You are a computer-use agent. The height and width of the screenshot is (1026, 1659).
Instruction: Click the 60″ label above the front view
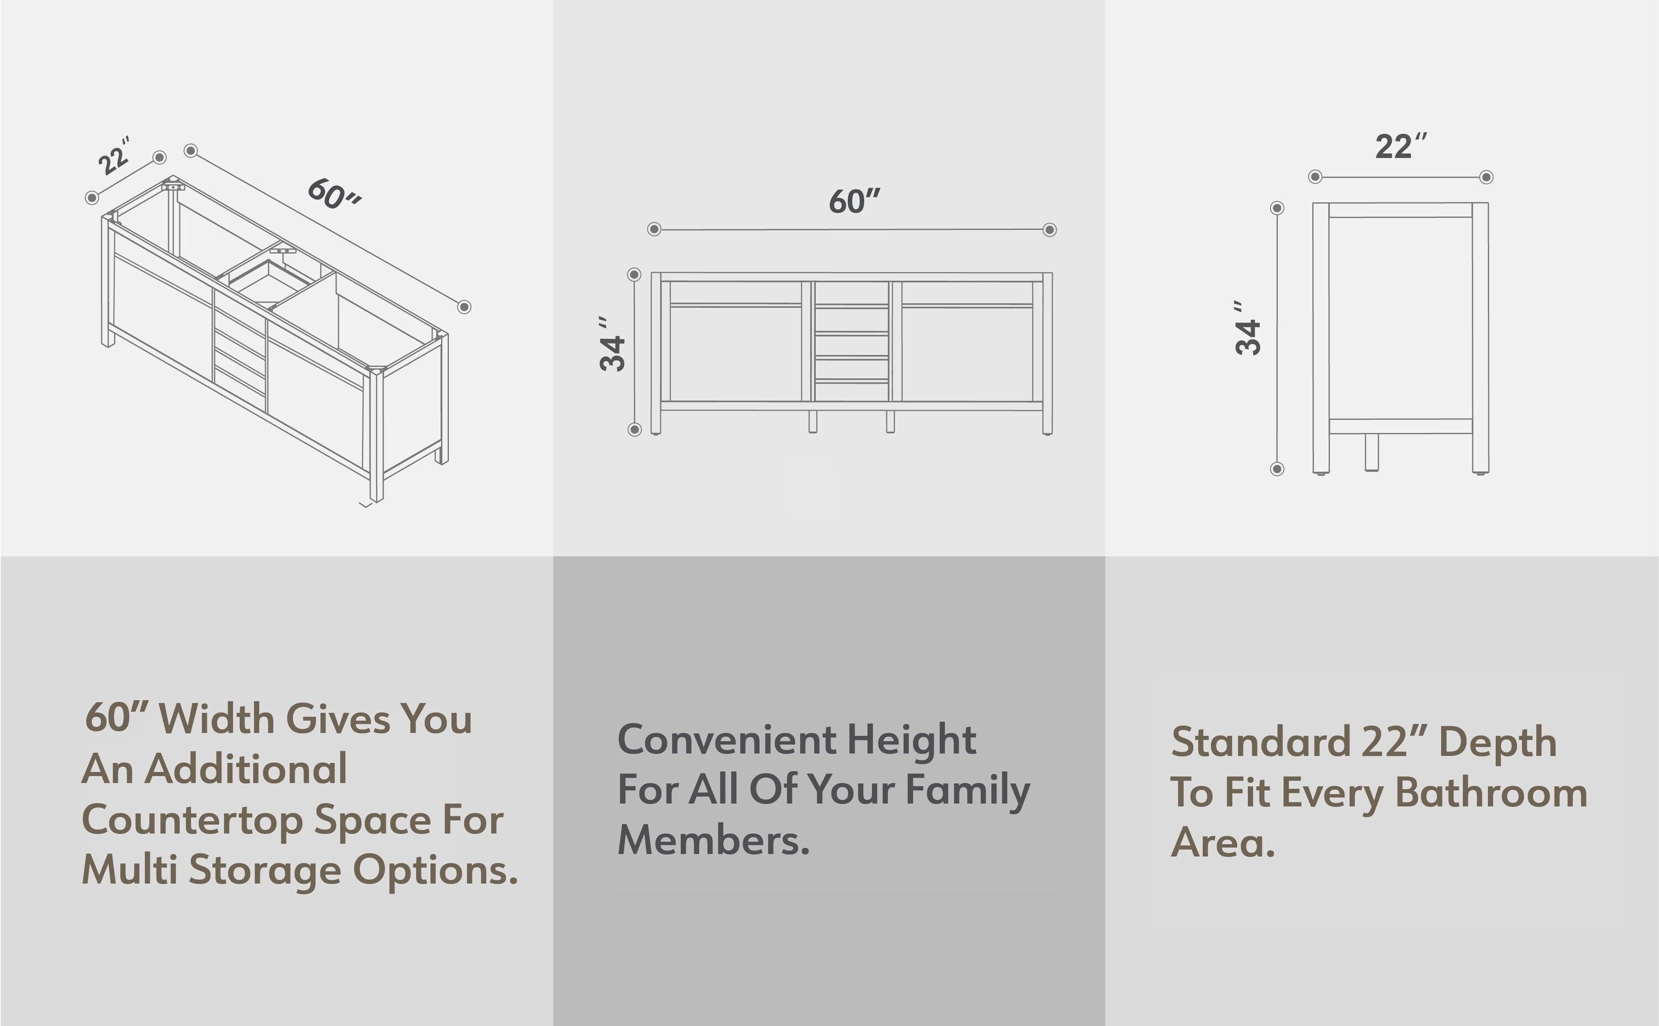pyautogui.click(x=854, y=201)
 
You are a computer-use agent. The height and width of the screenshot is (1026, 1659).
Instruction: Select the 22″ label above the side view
pyautogui.click(x=1401, y=147)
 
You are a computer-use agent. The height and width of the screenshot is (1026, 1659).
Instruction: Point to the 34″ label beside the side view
pyautogui.click(x=1248, y=329)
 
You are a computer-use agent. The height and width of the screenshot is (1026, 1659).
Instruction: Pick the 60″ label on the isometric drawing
pyautogui.click(x=335, y=194)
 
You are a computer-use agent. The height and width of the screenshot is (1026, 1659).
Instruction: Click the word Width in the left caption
pyautogui.click(x=216, y=718)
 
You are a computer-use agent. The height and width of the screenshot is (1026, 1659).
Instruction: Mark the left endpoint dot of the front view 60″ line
pyautogui.click(x=654, y=230)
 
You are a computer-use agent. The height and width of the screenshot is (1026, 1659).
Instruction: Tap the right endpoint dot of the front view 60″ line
pyautogui.click(x=1049, y=230)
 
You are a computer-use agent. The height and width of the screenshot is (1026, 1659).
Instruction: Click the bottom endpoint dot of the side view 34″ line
pyautogui.click(x=1277, y=469)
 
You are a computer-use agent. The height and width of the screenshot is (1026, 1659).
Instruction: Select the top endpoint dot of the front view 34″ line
pyautogui.click(x=634, y=274)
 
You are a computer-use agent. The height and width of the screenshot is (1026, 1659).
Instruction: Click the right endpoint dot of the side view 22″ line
pyautogui.click(x=1486, y=177)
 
